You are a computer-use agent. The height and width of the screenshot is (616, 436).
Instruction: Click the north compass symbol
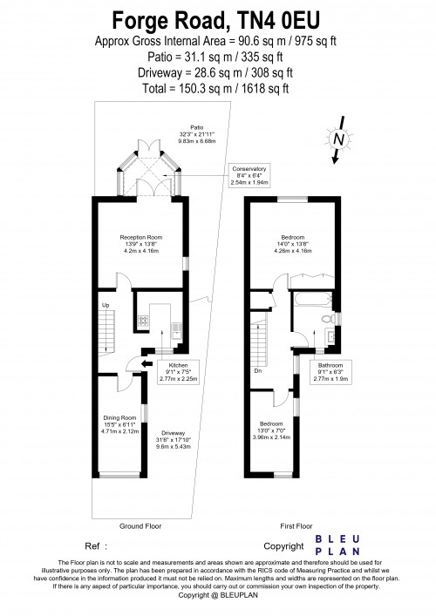click(337, 139)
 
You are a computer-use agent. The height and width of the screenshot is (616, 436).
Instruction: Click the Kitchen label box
click(178, 372)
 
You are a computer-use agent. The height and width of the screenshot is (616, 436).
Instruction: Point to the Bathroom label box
click(330, 372)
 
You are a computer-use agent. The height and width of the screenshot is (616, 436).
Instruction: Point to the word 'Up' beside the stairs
click(106, 305)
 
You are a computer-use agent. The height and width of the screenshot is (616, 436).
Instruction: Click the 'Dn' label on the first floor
click(258, 370)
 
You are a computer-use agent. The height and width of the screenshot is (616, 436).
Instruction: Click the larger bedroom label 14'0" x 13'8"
click(292, 243)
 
